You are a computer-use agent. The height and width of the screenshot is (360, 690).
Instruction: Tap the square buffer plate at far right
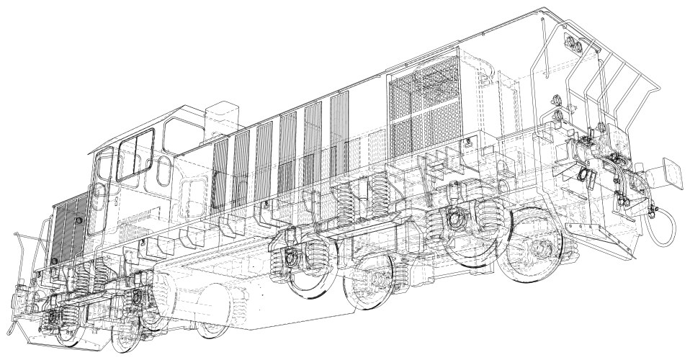671,173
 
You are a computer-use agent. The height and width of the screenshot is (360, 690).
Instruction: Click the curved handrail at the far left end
25,252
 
